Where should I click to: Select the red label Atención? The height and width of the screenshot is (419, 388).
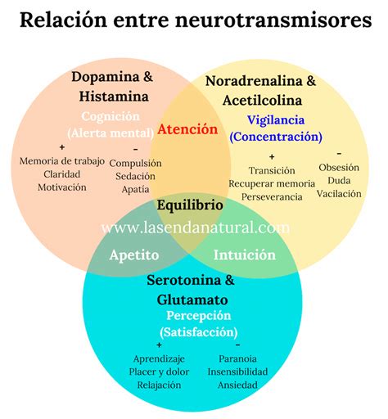tap(188, 129)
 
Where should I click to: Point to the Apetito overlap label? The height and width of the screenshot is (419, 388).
tap(134, 255)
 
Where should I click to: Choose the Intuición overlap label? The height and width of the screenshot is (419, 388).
tap(245, 255)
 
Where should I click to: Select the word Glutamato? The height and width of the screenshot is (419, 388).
tap(193, 299)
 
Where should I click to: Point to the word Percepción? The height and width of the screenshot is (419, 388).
tap(199, 316)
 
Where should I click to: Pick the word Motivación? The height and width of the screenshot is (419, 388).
tap(62, 187)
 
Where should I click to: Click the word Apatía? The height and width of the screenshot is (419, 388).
tap(135, 188)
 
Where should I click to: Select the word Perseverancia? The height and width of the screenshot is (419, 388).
tap(265, 196)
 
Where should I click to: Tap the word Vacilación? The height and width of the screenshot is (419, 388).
tap(339, 193)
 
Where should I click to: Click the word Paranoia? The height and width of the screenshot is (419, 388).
tap(238, 358)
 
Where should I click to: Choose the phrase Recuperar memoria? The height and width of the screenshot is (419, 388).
tap(271, 183)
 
